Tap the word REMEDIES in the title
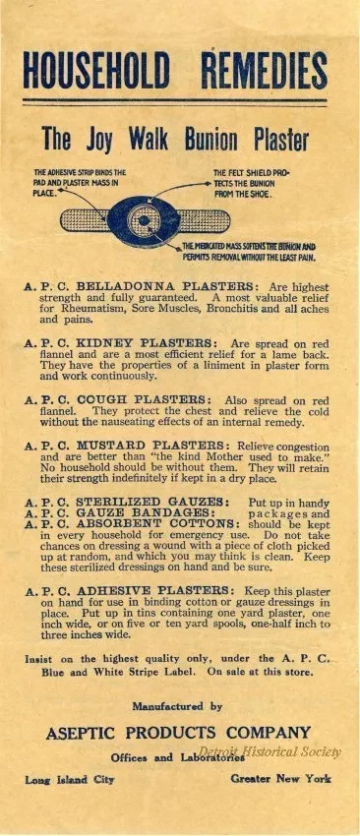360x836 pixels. [x=264, y=71]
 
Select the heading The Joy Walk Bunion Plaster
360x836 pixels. [x=175, y=139]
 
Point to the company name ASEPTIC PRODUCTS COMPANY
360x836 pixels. [x=177, y=732]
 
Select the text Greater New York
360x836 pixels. [x=281, y=779]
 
